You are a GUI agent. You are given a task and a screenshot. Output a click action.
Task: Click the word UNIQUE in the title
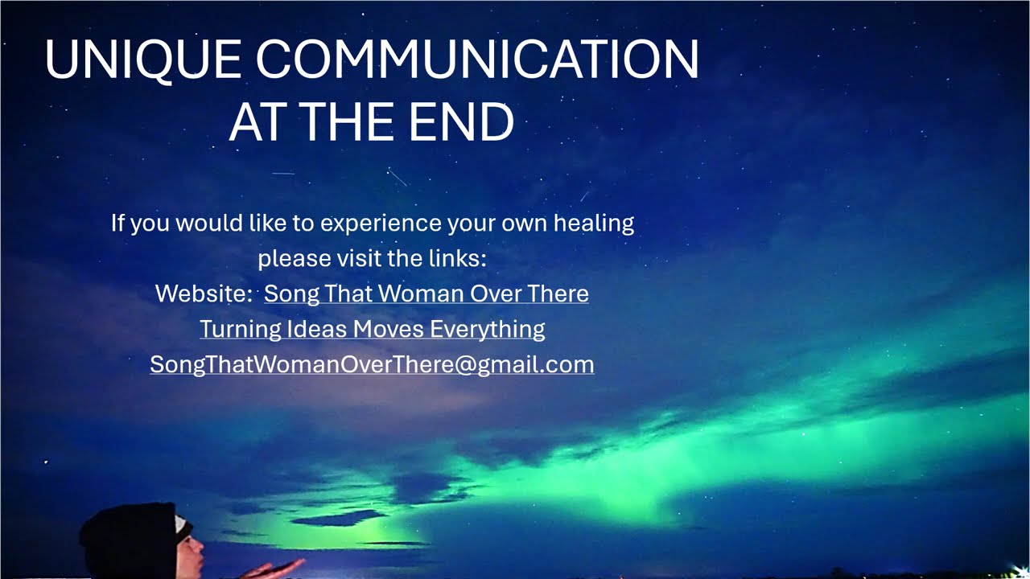142,60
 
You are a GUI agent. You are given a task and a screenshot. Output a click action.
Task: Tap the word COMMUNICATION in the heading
477,60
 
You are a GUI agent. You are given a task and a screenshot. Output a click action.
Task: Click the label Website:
204,294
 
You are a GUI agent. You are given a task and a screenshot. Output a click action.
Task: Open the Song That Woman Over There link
426,294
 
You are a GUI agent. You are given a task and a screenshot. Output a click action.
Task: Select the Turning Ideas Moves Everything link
372,329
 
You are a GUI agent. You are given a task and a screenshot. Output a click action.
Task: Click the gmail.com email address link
372,364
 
